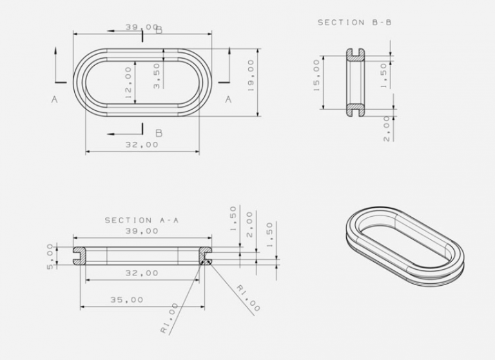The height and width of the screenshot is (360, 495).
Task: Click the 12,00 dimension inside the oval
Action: [x=128, y=84]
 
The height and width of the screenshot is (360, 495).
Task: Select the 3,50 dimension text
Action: [x=157, y=75]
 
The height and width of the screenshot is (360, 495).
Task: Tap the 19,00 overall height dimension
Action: [x=251, y=75]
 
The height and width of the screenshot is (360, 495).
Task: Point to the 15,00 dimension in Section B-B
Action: [x=316, y=75]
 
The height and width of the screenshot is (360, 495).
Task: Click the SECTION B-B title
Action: [x=354, y=22]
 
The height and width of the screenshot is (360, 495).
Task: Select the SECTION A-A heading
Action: [x=141, y=220]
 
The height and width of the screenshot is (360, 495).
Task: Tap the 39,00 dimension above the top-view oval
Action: [x=141, y=27]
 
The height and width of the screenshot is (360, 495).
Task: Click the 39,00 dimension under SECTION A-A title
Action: [x=141, y=230]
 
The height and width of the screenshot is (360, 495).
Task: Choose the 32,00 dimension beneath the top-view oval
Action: [x=141, y=145]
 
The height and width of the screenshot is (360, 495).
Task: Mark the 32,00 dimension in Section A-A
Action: [x=141, y=273]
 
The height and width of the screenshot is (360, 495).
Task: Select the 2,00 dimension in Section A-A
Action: [x=251, y=223]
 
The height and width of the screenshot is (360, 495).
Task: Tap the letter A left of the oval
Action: [x=55, y=99]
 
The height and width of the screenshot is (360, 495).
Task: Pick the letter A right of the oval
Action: [x=228, y=99]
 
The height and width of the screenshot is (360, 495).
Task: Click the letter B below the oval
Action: [x=159, y=134]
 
